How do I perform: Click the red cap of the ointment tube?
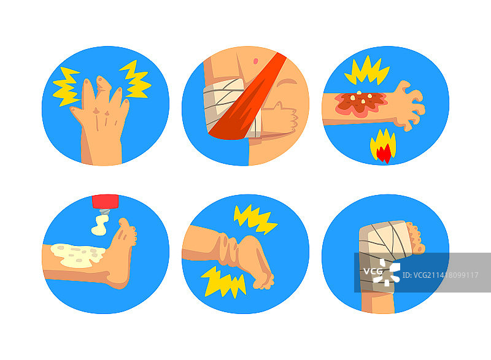[x=106, y=201]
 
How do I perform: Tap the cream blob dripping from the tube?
[x=100, y=225]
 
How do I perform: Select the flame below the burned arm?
[x=383, y=146]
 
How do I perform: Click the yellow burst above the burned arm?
[x=367, y=71]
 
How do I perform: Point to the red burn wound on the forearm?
[x=360, y=104]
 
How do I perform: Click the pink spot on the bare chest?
[x=255, y=61]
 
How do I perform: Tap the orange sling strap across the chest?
[x=247, y=97]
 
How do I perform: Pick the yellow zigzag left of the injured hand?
[x=66, y=86]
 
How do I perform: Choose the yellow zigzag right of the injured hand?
[x=135, y=79]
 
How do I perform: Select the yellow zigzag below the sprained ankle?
[x=223, y=282]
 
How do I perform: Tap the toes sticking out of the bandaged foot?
[x=417, y=237]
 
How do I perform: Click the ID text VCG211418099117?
[x=440, y=275]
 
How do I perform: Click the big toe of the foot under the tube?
[x=124, y=222]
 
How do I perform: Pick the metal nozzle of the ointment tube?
[x=105, y=212]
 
